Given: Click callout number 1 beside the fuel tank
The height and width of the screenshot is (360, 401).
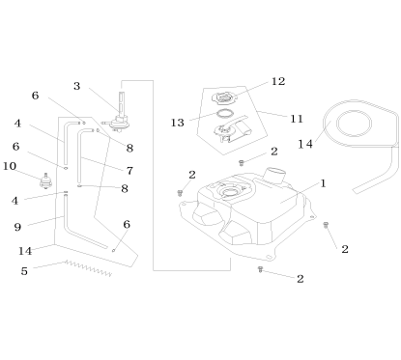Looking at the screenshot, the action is coord(324,181).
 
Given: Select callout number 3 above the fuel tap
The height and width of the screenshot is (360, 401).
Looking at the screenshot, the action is coord(77,86).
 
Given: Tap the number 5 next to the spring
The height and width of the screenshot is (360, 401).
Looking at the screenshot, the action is coord(24,271).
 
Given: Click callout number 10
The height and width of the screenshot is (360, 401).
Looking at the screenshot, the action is coord(11,166).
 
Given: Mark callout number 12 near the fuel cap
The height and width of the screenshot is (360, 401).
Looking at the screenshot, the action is coord(279,81).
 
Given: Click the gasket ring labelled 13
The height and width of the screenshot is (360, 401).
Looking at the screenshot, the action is coord(224,114).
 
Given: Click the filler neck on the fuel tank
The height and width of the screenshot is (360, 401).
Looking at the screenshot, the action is coord(274,179).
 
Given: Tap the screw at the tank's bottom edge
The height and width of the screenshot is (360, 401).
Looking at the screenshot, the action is coord(260,271).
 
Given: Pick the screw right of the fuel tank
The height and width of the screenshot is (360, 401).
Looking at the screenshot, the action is coord(326,225).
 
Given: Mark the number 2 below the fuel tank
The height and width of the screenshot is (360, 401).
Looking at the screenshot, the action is coord(301,279).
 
